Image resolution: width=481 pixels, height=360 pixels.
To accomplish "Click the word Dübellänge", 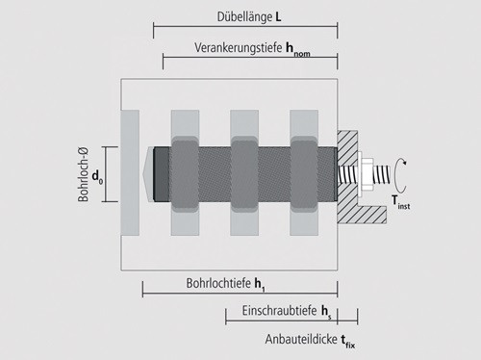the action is [x=244, y=17].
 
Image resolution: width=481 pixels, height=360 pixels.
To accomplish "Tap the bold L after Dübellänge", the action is [x=278, y=17].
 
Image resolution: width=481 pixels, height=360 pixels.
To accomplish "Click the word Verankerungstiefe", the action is [x=239, y=48].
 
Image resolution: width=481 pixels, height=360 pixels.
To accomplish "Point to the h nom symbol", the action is [x=298, y=50].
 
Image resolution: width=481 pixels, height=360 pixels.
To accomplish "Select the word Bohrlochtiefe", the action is [x=218, y=283].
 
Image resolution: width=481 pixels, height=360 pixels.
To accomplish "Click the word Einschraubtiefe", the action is [x=279, y=311].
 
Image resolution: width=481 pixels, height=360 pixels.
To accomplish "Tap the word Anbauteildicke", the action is [x=301, y=339].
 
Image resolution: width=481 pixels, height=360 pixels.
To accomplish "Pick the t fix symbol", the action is [x=348, y=341].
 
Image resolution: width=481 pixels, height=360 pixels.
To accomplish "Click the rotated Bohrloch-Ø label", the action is [x=83, y=174].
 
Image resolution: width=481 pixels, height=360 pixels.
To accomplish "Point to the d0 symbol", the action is [x=97, y=176].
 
